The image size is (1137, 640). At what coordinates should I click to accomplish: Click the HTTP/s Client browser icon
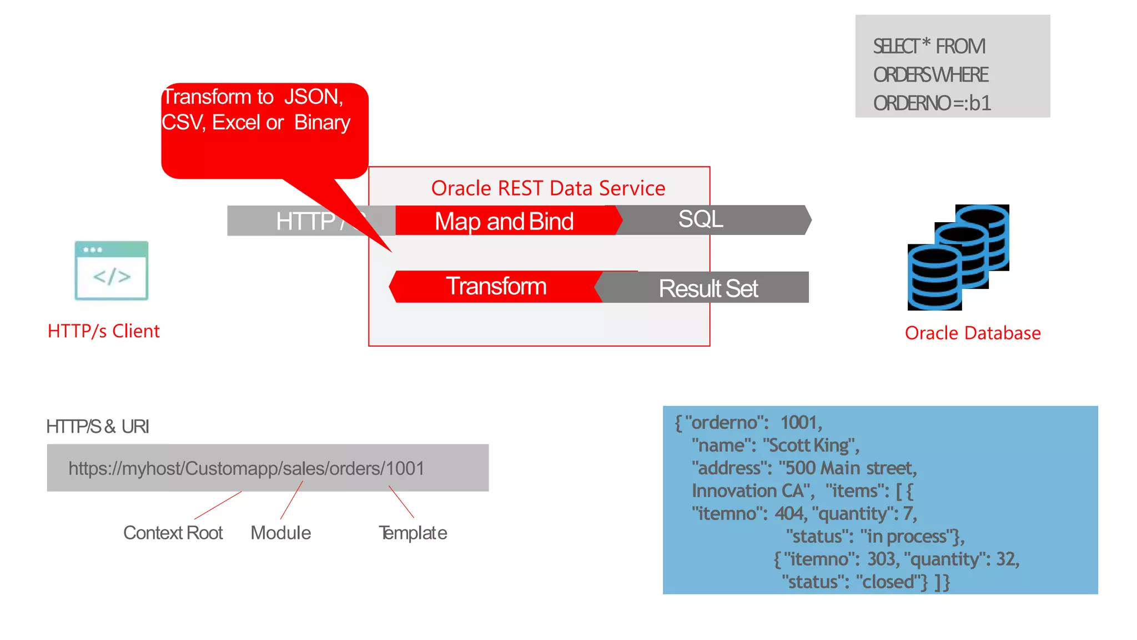111,271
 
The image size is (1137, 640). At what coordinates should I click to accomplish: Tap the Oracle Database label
972,333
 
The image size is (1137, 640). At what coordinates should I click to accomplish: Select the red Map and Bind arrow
504,221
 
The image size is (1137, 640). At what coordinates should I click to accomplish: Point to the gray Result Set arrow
708,288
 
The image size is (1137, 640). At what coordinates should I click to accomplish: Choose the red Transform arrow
496,287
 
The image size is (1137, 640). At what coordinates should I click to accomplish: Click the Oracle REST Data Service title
548,188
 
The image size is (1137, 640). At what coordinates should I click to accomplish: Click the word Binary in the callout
322,122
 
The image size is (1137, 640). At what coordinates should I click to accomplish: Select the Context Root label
173,533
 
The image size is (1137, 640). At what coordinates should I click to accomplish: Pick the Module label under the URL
280,533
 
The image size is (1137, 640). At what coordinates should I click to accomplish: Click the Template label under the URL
412,533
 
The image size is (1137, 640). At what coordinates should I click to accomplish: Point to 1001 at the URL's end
405,468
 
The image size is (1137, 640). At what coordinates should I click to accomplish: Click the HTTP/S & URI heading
98,427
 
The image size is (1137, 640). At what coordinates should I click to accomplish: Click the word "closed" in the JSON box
891,582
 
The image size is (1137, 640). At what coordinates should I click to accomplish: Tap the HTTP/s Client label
104,331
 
